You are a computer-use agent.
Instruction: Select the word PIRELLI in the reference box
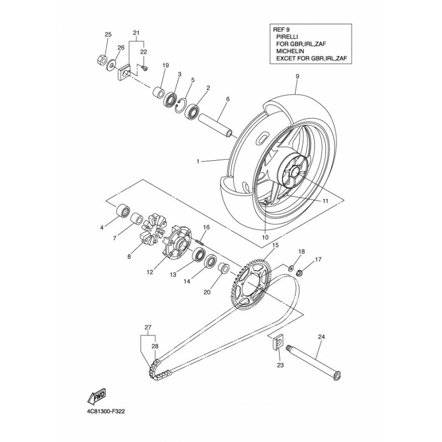point(287,36)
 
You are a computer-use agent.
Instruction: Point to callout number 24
point(322,336)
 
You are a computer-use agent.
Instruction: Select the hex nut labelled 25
point(102,60)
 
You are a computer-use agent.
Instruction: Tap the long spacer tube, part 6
point(215,126)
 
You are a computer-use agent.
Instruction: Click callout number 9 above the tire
point(297,76)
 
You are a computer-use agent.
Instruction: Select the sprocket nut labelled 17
point(300,273)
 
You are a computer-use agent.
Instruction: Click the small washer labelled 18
point(291,267)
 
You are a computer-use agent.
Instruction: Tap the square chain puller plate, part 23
point(278,342)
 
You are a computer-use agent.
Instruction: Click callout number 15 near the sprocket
point(275,245)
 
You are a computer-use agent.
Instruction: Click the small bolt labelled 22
point(145,68)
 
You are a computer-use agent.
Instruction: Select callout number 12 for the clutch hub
point(150,272)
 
